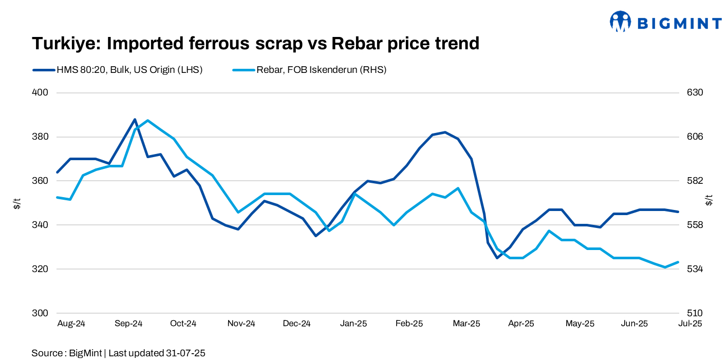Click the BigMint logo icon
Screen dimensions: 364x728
[620, 22]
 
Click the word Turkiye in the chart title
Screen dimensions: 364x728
[66, 44]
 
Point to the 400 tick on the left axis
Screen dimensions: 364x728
[41, 93]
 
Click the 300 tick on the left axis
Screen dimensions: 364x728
[41, 313]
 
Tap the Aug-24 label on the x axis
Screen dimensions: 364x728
[71, 323]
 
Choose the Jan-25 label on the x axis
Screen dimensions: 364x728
[354, 323]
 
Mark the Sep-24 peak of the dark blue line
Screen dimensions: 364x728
[135, 120]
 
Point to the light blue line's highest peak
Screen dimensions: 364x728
[148, 121]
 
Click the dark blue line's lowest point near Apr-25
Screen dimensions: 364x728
[497, 258]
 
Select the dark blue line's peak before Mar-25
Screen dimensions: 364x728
[445, 132]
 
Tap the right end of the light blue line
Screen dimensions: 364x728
[678, 262]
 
